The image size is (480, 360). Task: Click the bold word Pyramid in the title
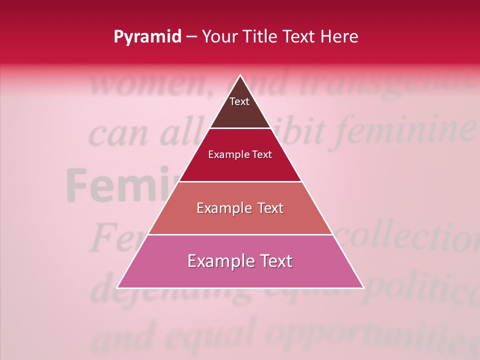click(x=147, y=37)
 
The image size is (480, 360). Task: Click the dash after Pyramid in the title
click(x=192, y=37)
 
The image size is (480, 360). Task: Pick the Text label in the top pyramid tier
click(x=239, y=102)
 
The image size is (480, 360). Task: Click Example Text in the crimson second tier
click(x=240, y=155)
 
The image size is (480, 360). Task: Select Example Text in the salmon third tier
click(x=240, y=208)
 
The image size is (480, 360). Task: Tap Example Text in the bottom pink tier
click(x=240, y=261)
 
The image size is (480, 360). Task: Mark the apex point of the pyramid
click(x=240, y=75)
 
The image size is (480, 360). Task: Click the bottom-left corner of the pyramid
click(x=117, y=288)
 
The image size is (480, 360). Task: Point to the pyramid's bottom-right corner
click(x=363, y=288)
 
